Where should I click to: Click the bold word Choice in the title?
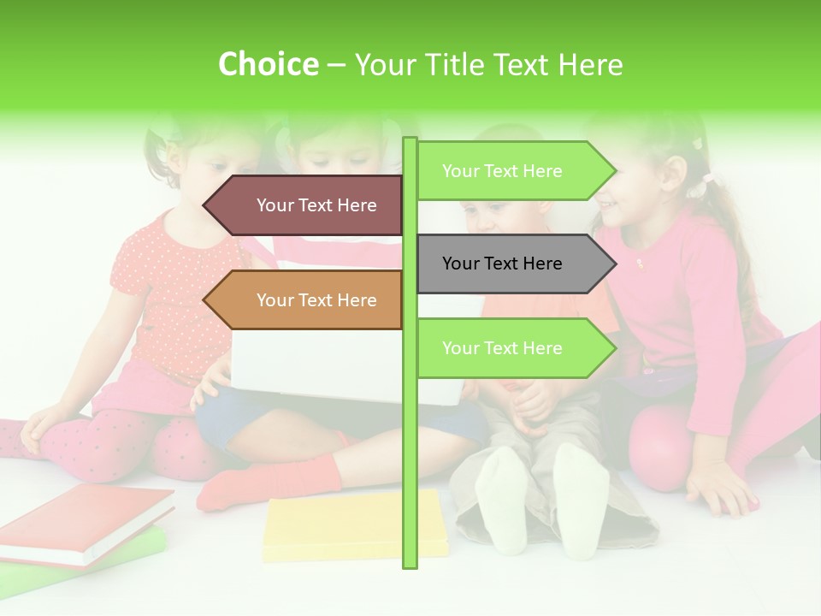(x=268, y=65)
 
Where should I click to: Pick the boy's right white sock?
(x=582, y=500)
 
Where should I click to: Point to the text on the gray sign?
(x=502, y=264)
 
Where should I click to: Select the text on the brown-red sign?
(x=316, y=205)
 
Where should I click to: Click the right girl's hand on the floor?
(x=723, y=492)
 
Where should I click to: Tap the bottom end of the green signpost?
(x=410, y=560)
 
